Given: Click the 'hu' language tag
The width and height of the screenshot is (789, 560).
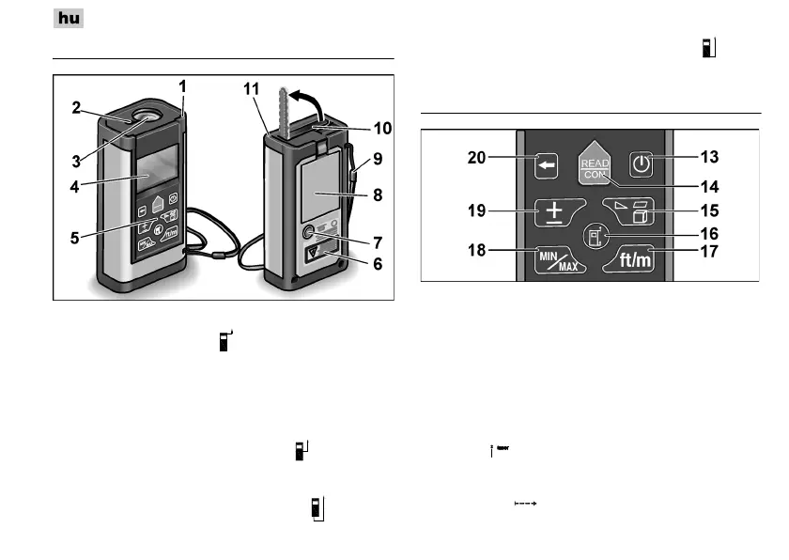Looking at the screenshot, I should tap(69, 18).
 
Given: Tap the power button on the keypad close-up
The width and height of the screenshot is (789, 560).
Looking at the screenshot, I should tap(641, 165).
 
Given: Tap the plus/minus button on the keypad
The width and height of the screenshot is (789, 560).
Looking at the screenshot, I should tap(554, 212).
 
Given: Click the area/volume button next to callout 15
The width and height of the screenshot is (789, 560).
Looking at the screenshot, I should tap(636, 212).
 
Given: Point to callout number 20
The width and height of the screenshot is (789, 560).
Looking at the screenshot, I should tap(477, 160).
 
